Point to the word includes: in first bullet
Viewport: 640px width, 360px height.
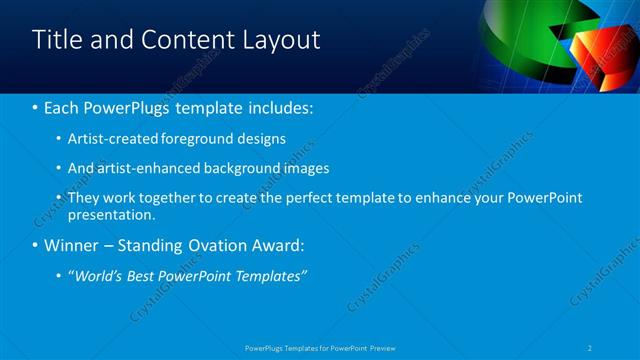pos(276,106)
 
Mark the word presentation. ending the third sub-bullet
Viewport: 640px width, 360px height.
pos(112,214)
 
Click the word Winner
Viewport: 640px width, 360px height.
pos(73,245)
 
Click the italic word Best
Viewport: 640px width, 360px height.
pos(149,276)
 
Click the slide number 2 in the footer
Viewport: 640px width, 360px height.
pos(591,347)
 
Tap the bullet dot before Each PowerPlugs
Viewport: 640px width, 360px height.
pos(36,106)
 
